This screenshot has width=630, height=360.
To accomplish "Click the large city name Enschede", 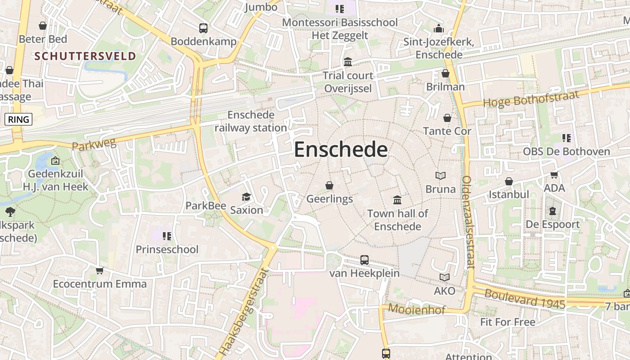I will tap(341, 150).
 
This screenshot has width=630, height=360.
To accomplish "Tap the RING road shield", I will tap(18, 119).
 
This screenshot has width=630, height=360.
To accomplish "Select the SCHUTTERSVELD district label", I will tap(85, 56).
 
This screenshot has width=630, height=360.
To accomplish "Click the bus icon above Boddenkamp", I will tap(203, 28).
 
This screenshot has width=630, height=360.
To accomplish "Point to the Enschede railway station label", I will tap(251, 121).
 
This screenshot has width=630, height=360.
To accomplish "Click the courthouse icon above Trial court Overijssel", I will tap(348, 62).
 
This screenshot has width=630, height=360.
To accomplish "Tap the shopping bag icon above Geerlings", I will tap(329, 185).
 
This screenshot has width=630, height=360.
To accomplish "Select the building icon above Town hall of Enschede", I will tap(397, 200).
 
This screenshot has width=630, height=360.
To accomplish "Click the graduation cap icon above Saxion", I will tap(246, 197).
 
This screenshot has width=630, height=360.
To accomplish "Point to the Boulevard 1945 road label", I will tap(525, 298).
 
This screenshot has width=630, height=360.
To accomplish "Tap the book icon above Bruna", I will tap(441, 175).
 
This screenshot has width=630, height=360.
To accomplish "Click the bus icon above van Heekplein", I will tap(364, 260).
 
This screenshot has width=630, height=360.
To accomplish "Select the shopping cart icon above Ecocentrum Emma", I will tap(99, 270).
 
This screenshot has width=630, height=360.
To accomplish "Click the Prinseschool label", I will tap(167, 249).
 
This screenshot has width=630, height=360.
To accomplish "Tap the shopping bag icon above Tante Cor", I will tap(447, 118).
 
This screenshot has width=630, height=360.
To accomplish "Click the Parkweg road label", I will tap(94, 144).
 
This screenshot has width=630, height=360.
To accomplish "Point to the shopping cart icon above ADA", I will tap(554, 175).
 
